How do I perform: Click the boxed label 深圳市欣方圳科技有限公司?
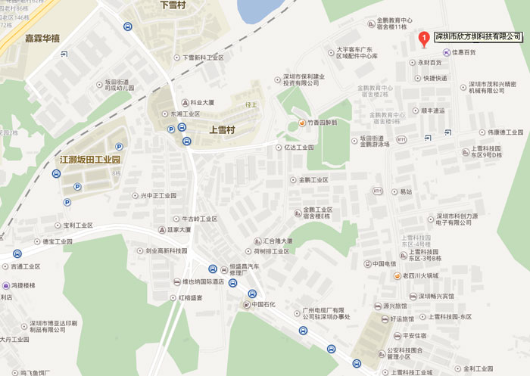click(477, 36)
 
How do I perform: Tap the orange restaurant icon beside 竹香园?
click(302, 123)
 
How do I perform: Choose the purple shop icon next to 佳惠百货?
click(446, 52)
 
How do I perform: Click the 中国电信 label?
click(385, 263)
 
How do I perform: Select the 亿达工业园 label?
click(299, 148)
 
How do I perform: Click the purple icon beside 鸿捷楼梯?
click(5, 286)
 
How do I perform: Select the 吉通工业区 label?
click(27, 266)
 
